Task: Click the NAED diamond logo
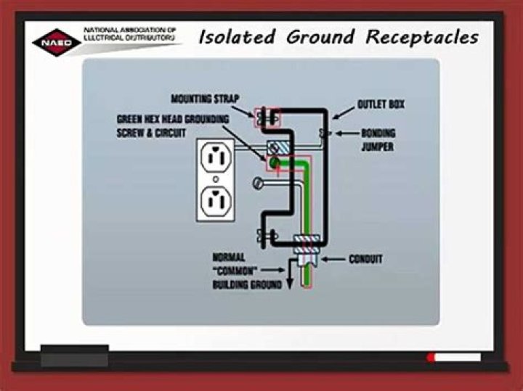[56, 41]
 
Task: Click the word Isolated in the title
[238, 36]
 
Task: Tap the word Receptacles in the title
[422, 36]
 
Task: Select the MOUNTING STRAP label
[205, 98]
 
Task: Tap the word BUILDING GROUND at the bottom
[247, 285]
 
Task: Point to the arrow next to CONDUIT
[333, 259]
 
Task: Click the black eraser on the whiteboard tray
[74, 358]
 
